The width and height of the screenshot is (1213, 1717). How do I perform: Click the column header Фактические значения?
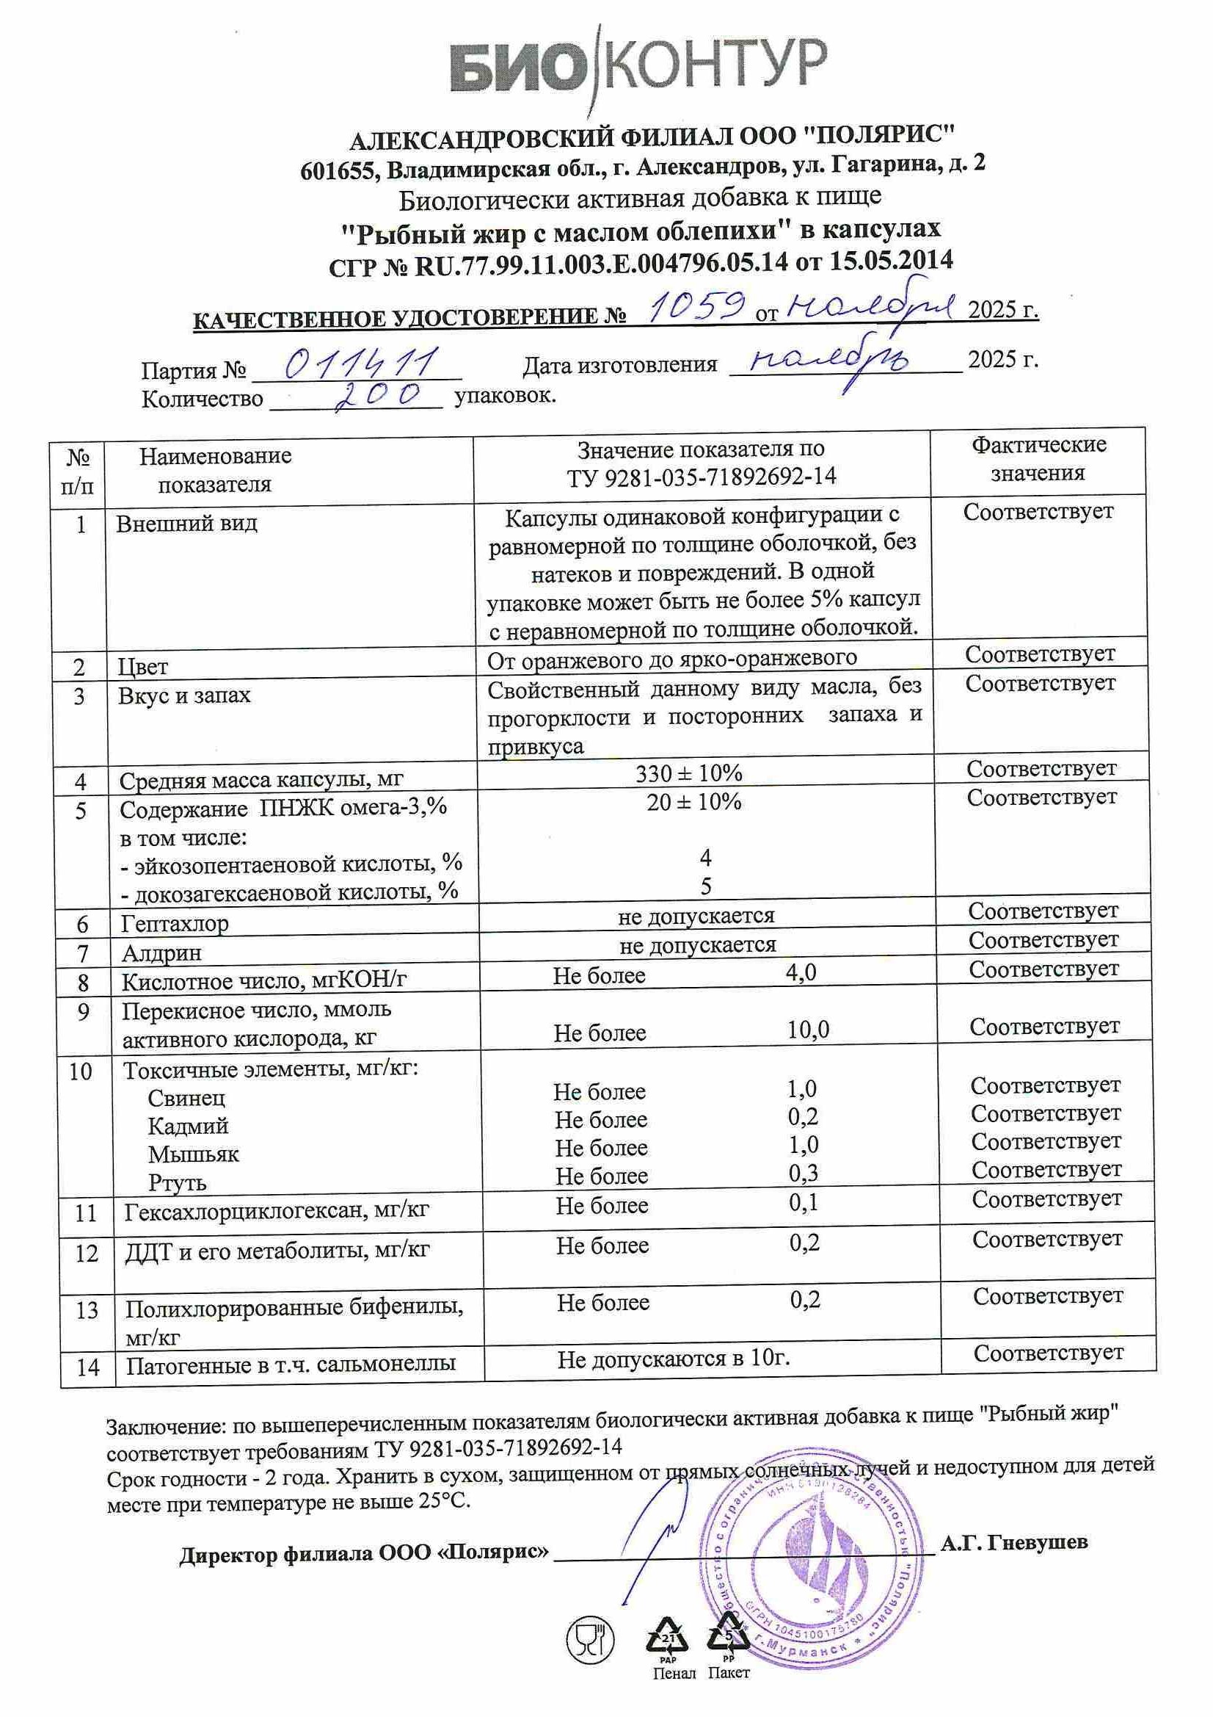pyautogui.click(x=1038, y=459)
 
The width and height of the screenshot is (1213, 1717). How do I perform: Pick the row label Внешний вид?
pyautogui.click(x=187, y=523)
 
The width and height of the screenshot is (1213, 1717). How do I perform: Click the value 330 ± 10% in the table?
pyautogui.click(x=688, y=773)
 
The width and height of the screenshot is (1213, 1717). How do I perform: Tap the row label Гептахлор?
pyautogui.click(x=175, y=924)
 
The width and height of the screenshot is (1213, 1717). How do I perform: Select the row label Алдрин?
pyautogui.click(x=161, y=953)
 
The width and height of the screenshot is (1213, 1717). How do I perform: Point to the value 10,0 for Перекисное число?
pyautogui.click(x=808, y=1030)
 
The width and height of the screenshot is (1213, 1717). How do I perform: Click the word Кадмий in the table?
pyautogui.click(x=188, y=1127)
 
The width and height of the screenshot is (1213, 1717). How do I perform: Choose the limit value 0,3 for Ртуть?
pyautogui.click(x=804, y=1174)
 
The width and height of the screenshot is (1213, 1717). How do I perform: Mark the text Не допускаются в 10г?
pyautogui.click(x=674, y=1359)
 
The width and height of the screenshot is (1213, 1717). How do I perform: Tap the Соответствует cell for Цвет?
pyautogui.click(x=1040, y=654)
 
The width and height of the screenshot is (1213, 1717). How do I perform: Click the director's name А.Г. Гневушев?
pyautogui.click(x=1013, y=1541)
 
